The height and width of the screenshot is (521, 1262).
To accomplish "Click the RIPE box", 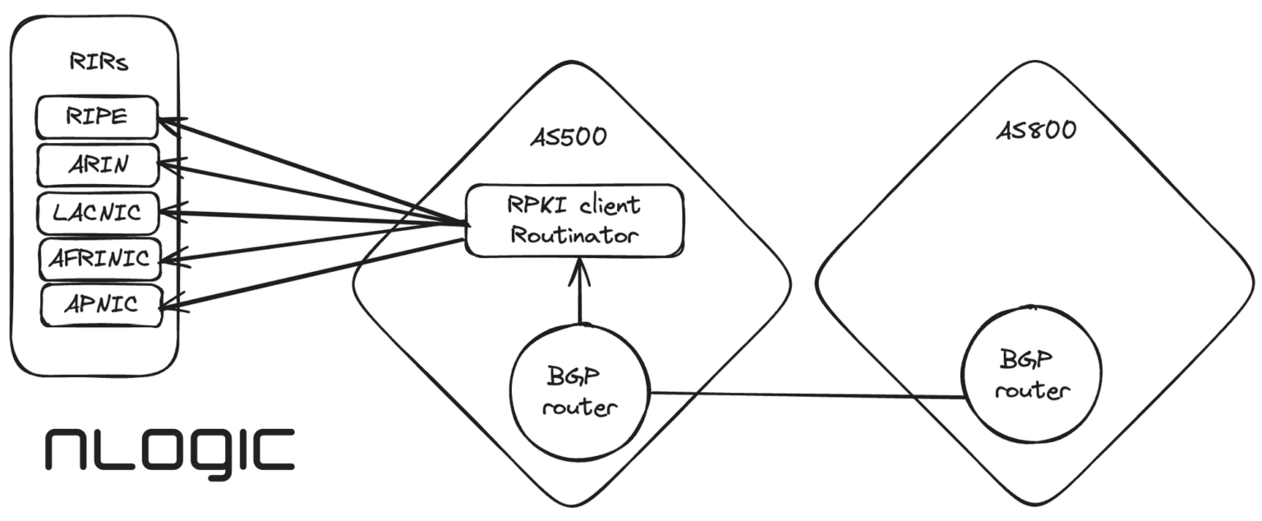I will click(97, 118).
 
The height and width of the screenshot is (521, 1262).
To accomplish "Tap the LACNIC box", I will click(97, 213).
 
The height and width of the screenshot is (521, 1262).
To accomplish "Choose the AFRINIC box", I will click(99, 260).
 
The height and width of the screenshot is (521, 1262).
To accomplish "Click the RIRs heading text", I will click(99, 63).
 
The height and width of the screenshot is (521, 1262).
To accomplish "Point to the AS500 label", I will click(569, 136).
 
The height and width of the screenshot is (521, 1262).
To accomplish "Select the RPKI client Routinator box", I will click(574, 220).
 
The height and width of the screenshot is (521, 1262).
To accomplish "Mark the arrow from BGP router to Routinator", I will click(580, 292).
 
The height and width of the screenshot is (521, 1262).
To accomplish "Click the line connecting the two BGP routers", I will click(805, 395).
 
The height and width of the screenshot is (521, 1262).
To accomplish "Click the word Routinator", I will click(573, 235).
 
